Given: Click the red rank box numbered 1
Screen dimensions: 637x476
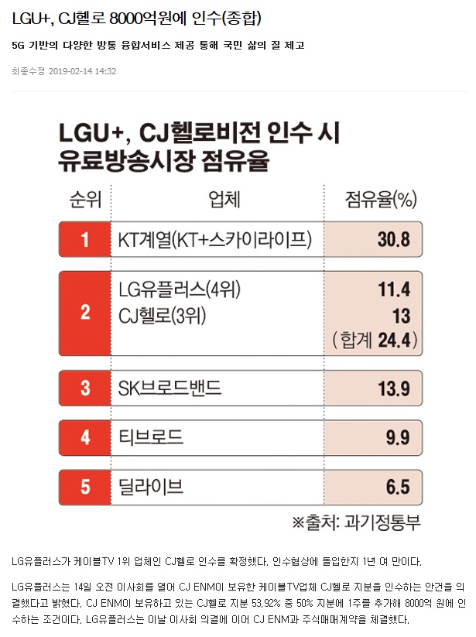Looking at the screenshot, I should click(x=84, y=239).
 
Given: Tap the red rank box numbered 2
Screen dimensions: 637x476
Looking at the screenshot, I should click(x=84, y=313).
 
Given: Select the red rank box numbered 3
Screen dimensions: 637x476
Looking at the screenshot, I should click(x=84, y=388).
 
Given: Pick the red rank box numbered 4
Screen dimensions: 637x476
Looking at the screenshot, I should click(x=84, y=437).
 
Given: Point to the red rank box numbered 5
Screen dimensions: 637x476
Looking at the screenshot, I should click(x=84, y=487).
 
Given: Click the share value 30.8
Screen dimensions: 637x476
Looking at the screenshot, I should click(x=393, y=239).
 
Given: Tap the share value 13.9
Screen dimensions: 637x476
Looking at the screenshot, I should click(x=393, y=388).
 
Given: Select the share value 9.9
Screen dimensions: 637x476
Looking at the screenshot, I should click(x=398, y=437).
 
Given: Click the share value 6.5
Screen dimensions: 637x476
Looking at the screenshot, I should click(x=398, y=487).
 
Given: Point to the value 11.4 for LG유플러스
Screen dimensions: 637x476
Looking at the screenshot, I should click(x=393, y=289).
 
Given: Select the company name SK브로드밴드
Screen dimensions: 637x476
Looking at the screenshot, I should click(x=170, y=388).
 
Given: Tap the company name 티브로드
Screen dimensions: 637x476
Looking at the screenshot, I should click(x=151, y=437).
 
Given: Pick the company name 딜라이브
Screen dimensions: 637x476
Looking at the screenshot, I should click(x=151, y=487).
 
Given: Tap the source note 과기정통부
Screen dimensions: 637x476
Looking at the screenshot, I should click(x=384, y=522).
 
